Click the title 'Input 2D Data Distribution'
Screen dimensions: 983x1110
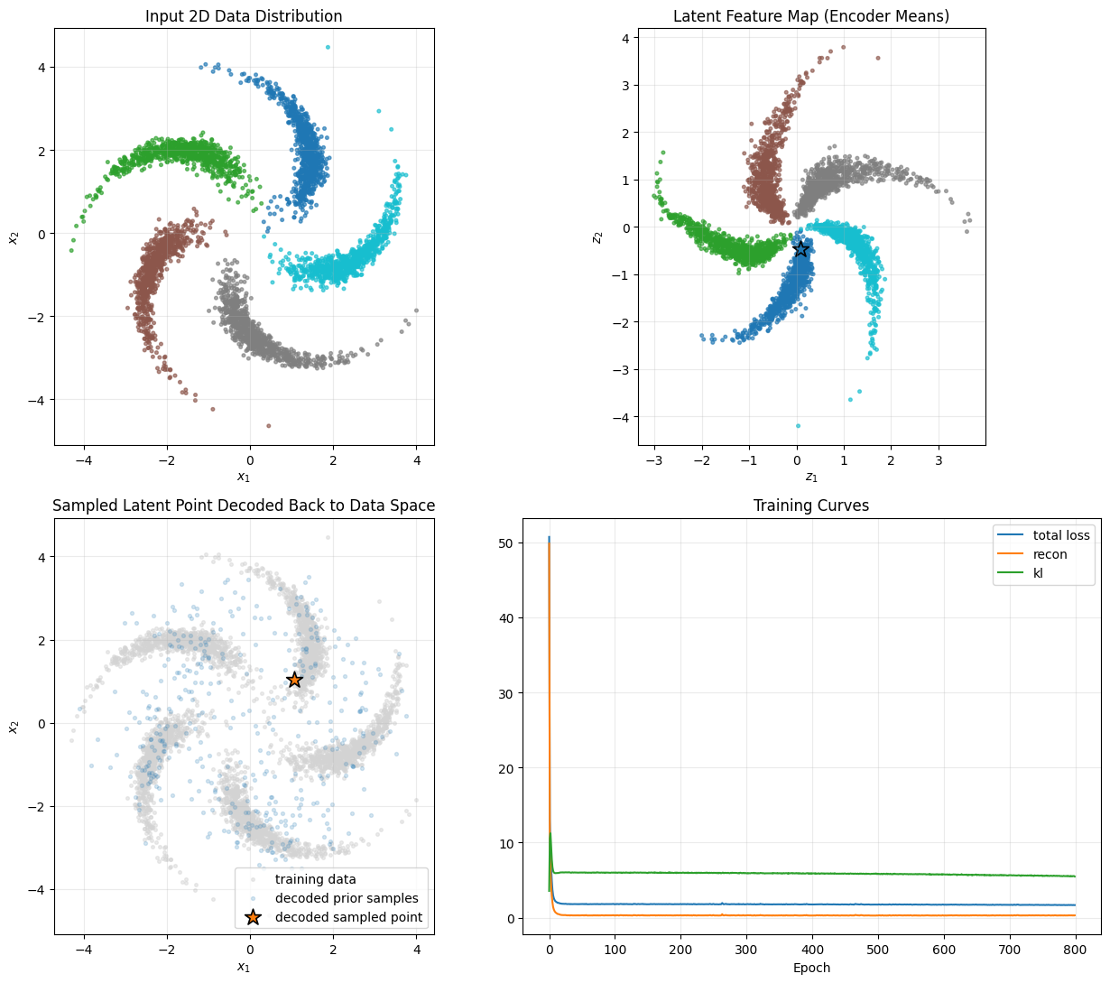click(x=244, y=16)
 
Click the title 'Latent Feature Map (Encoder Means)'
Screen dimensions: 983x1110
click(x=811, y=16)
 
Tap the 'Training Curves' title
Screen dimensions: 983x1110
click(x=811, y=505)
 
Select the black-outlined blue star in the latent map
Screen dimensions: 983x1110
click(x=800, y=248)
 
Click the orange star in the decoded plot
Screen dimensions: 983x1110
click(x=294, y=680)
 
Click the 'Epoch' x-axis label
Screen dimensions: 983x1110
click(x=811, y=968)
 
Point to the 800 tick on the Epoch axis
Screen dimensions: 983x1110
click(x=1075, y=951)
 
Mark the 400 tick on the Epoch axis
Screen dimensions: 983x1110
click(x=812, y=951)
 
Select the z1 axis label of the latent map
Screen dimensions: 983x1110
click(x=811, y=477)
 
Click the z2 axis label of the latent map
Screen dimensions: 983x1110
click(x=597, y=236)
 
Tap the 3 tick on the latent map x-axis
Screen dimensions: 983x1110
click(x=939, y=460)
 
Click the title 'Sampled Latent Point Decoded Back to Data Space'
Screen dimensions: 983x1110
click(x=244, y=505)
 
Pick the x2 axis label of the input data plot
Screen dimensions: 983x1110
click(x=14, y=236)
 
